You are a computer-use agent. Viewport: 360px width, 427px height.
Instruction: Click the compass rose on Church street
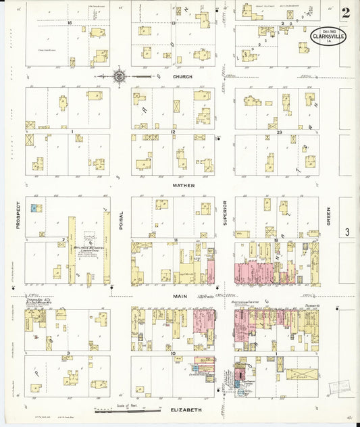click(119, 76)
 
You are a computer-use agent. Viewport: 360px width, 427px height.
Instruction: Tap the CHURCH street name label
click(182, 77)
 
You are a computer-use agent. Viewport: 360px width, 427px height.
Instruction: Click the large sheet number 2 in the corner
click(344, 13)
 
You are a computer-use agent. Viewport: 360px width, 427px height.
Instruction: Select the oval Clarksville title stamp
click(328, 36)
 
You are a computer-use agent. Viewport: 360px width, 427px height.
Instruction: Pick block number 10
click(174, 353)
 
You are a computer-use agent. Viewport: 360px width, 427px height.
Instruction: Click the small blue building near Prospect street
click(32, 208)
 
